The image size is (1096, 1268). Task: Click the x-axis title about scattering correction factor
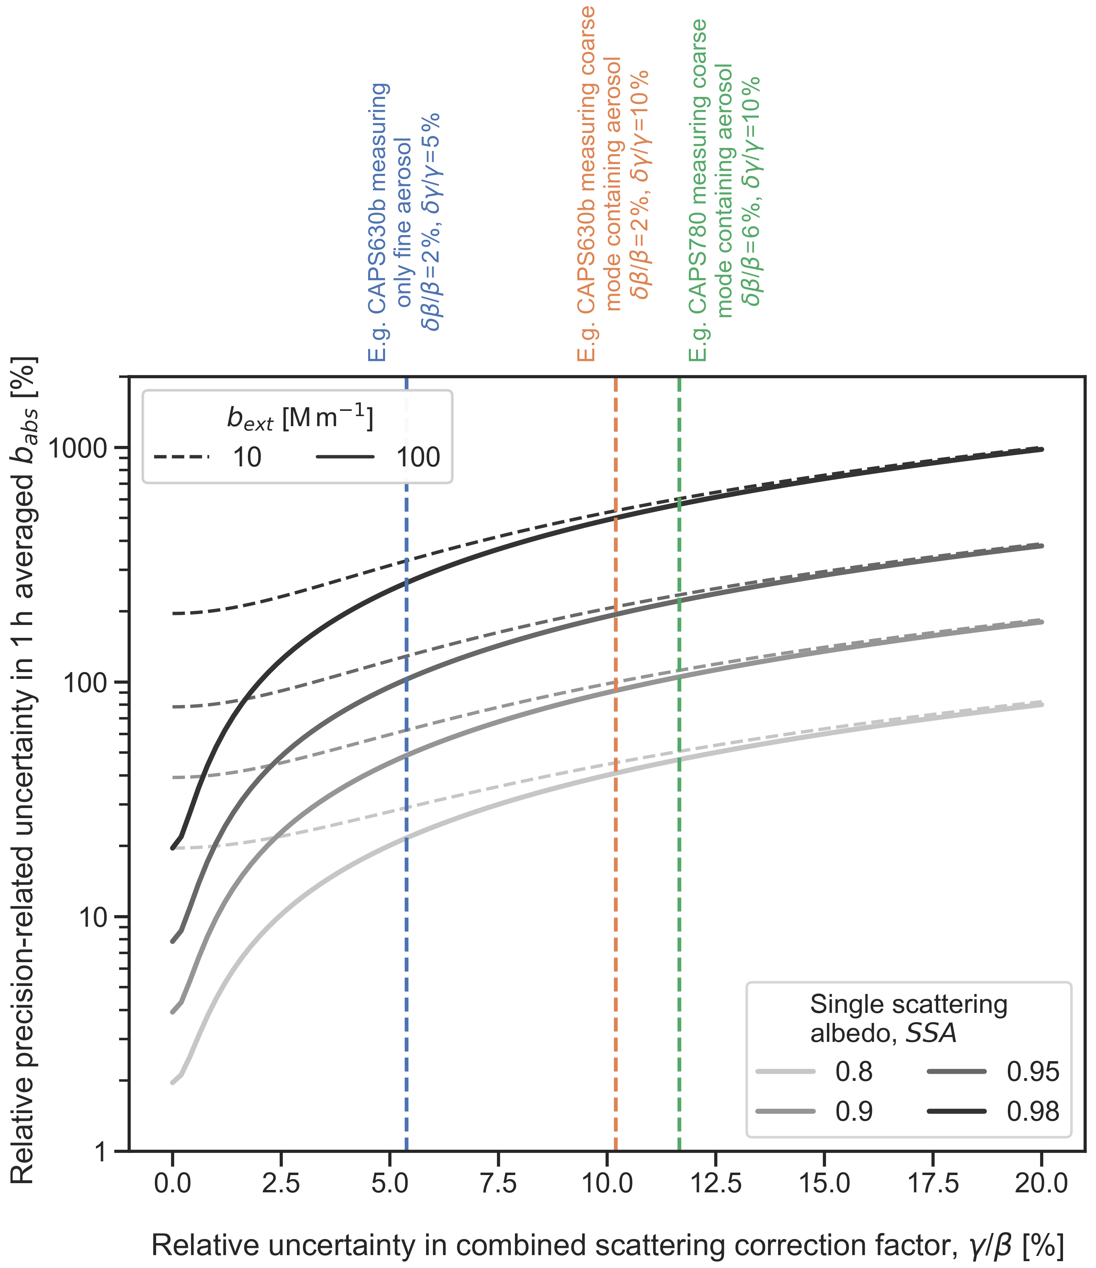(x=608, y=1245)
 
